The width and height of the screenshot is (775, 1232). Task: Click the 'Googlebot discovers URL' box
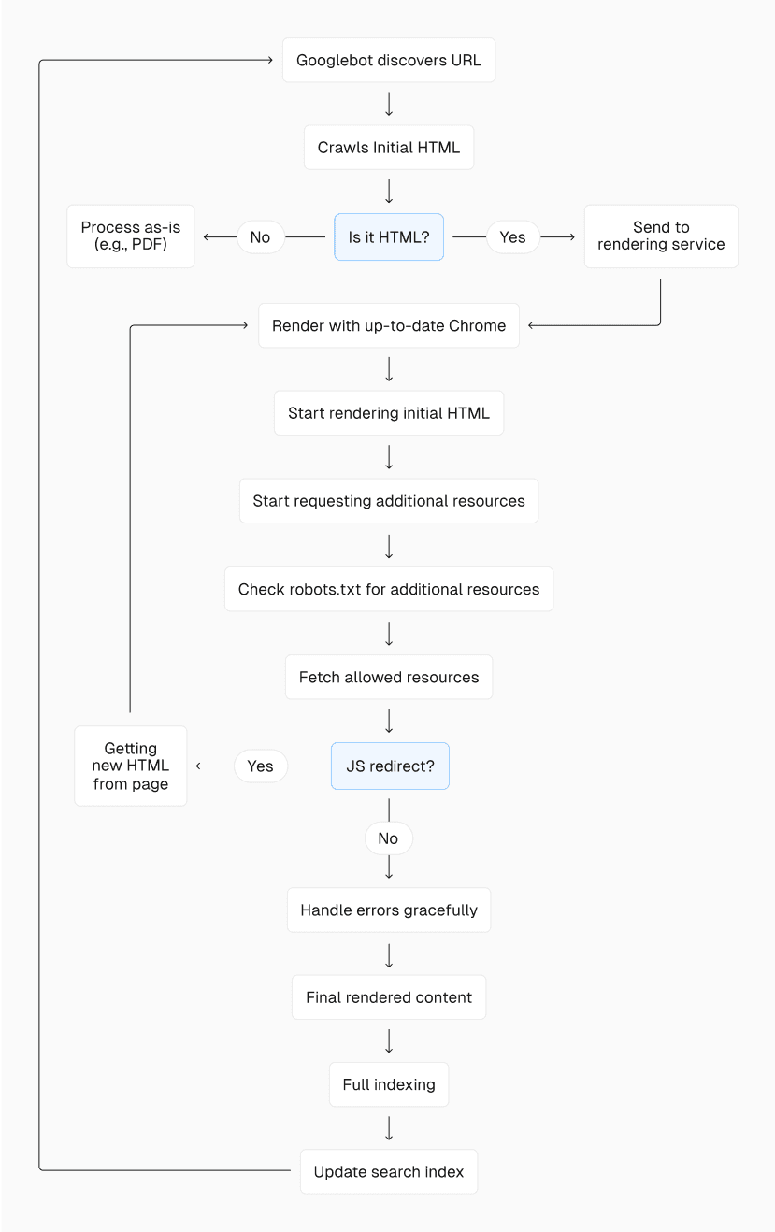389,61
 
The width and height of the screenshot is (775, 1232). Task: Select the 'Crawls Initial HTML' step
389,148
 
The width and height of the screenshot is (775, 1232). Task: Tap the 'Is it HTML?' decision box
389,237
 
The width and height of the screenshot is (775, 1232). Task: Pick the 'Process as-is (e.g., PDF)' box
131,236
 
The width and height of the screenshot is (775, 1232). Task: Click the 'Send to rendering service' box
661,236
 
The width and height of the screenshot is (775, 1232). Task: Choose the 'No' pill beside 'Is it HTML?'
260,237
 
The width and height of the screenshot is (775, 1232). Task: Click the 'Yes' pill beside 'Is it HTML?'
512,237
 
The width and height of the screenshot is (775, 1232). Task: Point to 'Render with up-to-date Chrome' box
389,325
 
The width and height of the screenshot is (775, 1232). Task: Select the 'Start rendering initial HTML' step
389,413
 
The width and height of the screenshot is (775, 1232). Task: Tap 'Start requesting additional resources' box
389,501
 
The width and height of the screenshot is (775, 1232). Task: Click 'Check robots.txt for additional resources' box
389,589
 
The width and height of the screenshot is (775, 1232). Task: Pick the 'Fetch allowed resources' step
389,678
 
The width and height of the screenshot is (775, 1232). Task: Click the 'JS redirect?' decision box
390,766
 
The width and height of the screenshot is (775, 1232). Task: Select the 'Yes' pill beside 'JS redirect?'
260,766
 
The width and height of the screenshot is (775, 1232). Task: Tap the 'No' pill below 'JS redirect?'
388,838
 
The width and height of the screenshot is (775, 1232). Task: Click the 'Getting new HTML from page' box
131,766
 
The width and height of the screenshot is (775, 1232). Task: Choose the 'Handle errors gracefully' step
389,910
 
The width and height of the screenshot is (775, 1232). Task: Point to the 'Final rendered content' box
389,997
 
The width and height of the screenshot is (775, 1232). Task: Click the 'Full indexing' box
389,1084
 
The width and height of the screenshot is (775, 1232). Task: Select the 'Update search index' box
389,1172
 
